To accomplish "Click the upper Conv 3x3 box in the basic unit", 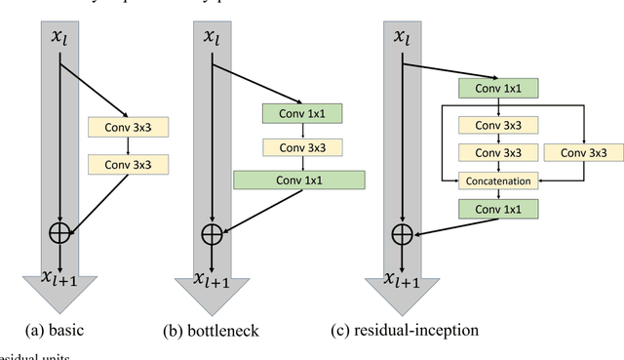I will pyautogui.click(x=129, y=127).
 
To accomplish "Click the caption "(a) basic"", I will pyautogui.click(x=61, y=330).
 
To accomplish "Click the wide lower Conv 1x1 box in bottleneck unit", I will pyautogui.click(x=298, y=180).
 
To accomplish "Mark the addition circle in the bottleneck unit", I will pyautogui.click(x=212, y=234).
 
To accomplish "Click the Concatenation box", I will pyautogui.click(x=499, y=180).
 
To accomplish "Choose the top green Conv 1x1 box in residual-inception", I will pyautogui.click(x=499, y=89).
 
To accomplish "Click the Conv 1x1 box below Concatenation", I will pyautogui.click(x=499, y=209).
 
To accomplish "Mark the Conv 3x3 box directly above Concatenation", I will pyautogui.click(x=499, y=153).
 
